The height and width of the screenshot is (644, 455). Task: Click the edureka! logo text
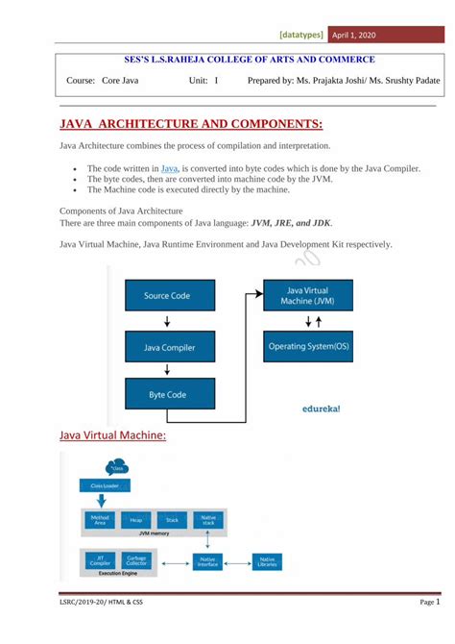tap(314, 408)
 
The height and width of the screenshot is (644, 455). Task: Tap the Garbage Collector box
tap(135, 560)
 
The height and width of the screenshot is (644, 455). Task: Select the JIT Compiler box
tap(100, 560)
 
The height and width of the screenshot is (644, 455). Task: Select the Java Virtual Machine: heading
tap(112, 436)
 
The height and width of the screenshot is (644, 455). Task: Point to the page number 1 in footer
tap(438, 602)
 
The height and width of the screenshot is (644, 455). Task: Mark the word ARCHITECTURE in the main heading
tap(149, 124)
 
